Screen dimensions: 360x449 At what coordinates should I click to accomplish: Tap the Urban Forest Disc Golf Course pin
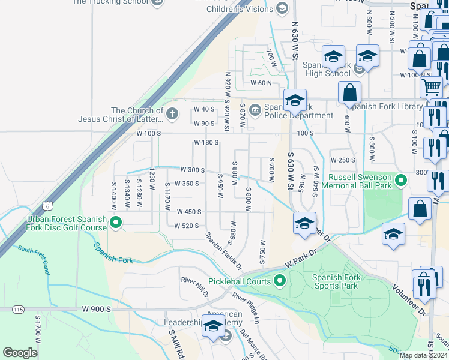[x=116, y=224]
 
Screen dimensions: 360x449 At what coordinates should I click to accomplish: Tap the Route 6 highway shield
[x=47, y=205]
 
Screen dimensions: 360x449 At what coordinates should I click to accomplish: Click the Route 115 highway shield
[x=17, y=309]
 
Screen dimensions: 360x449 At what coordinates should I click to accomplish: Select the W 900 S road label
[x=97, y=308]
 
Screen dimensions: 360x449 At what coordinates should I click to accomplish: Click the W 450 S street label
[x=188, y=212]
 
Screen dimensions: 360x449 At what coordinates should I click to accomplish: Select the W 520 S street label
[x=186, y=226]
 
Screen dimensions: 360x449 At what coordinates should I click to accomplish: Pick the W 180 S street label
[x=206, y=143]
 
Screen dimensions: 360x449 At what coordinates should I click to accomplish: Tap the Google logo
[x=20, y=353]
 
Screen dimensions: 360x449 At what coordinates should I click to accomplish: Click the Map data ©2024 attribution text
[x=423, y=355]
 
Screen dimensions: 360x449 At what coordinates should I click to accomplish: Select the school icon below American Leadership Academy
[x=213, y=326]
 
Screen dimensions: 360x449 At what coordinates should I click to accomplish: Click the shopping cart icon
[x=432, y=88]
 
